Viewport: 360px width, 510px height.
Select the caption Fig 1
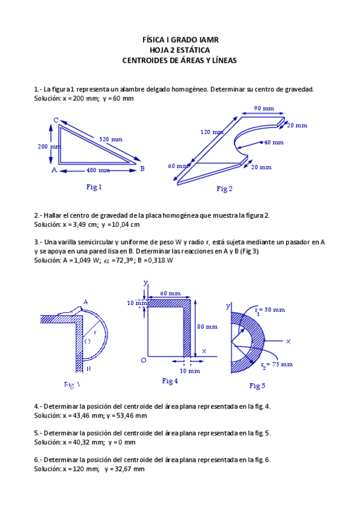pyautogui.click(x=94, y=187)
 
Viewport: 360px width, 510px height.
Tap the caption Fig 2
pyautogui.click(x=224, y=189)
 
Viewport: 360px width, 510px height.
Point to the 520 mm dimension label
pyautogui.click(x=111, y=140)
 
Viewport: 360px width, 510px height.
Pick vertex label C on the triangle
pyautogui.click(x=55, y=120)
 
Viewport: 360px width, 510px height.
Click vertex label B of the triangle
pyautogui.click(x=142, y=169)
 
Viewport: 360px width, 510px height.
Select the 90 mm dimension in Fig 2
pyautogui.click(x=264, y=108)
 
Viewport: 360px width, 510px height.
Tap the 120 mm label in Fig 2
pyautogui.click(x=212, y=132)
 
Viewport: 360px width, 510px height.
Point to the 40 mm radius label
pyautogui.click(x=273, y=143)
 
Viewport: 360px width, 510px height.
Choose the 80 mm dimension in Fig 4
pyautogui.click(x=207, y=327)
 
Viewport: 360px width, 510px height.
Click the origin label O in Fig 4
pyautogui.click(x=143, y=360)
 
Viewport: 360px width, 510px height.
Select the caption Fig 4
pyautogui.click(x=170, y=381)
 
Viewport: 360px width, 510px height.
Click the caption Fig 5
pyautogui.click(x=257, y=386)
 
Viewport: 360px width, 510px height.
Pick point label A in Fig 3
pyautogui.click(x=85, y=302)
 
